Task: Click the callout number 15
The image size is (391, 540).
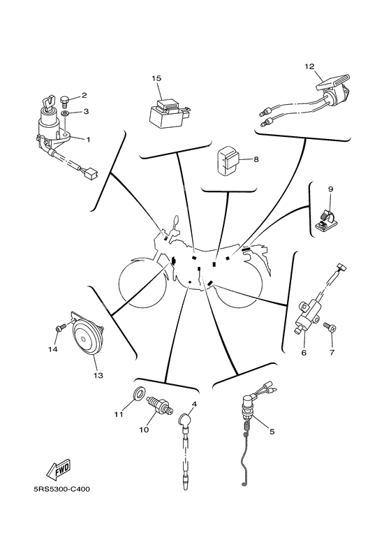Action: click(x=156, y=78)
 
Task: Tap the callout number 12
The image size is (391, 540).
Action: click(x=309, y=66)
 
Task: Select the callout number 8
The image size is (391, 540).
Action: click(x=256, y=159)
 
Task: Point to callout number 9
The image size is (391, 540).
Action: click(x=330, y=189)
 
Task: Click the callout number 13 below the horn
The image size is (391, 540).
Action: click(x=98, y=375)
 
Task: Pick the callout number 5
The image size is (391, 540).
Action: click(x=272, y=431)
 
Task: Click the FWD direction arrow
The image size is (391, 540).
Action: click(x=59, y=470)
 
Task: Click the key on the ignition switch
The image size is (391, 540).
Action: click(x=49, y=102)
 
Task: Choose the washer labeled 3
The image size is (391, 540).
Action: click(x=65, y=113)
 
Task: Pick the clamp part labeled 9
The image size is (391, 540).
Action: click(x=326, y=221)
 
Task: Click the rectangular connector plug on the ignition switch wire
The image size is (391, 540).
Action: click(x=92, y=173)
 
